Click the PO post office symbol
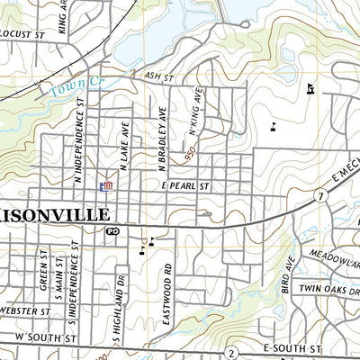tap(112, 231)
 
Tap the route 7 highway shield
tap(320, 195)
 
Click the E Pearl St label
tap(185, 185)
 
